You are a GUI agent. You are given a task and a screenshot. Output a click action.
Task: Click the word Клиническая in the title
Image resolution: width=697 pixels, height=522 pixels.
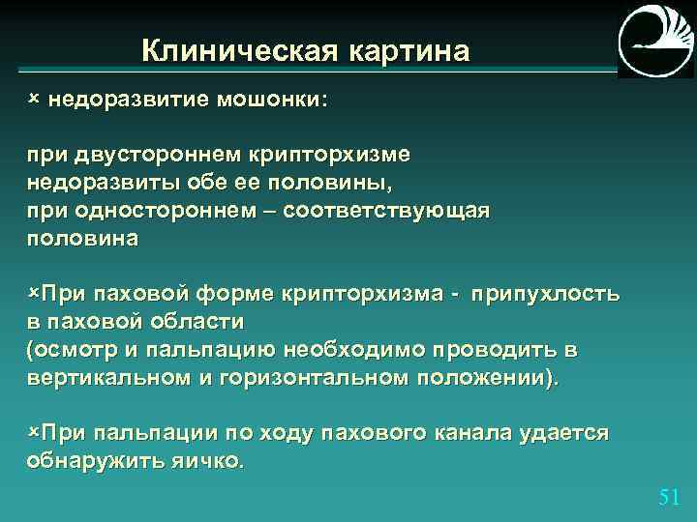point(229,49)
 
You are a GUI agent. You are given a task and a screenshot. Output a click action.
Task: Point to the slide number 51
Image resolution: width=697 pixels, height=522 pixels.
point(668,497)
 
